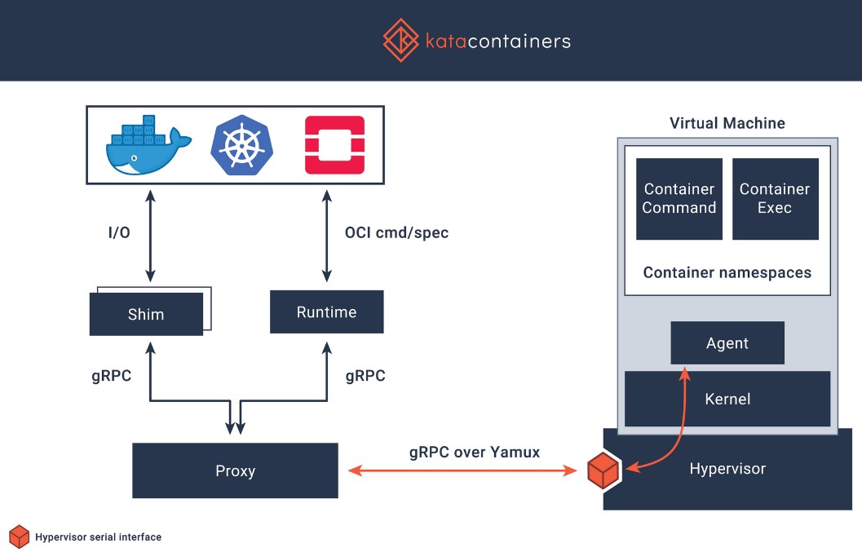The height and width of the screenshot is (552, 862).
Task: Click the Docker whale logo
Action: [x=148, y=145]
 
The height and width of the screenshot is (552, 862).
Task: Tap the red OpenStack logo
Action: [x=334, y=145]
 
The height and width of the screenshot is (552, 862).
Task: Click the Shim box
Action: [x=146, y=314]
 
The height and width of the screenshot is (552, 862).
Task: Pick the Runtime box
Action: [x=326, y=311]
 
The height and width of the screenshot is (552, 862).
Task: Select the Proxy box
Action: [x=235, y=470]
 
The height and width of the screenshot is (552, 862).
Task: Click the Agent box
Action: [x=727, y=342]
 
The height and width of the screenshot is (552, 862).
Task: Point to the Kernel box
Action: [x=727, y=399]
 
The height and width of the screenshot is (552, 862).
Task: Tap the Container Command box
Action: [x=679, y=199]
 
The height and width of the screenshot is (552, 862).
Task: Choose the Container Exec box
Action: [x=775, y=199]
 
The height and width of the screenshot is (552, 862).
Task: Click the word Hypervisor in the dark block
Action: [x=727, y=469]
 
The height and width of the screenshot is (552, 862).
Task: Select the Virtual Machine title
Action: [x=727, y=124]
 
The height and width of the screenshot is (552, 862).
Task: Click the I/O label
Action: [x=118, y=232]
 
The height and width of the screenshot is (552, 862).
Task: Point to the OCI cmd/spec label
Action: [x=396, y=232]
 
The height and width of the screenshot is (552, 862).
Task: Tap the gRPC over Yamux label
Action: [x=474, y=452]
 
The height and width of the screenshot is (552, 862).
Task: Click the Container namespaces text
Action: [x=727, y=272]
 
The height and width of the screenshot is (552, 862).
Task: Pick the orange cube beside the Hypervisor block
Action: [x=603, y=471]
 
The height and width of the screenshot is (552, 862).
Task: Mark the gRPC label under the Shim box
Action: [x=112, y=377]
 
